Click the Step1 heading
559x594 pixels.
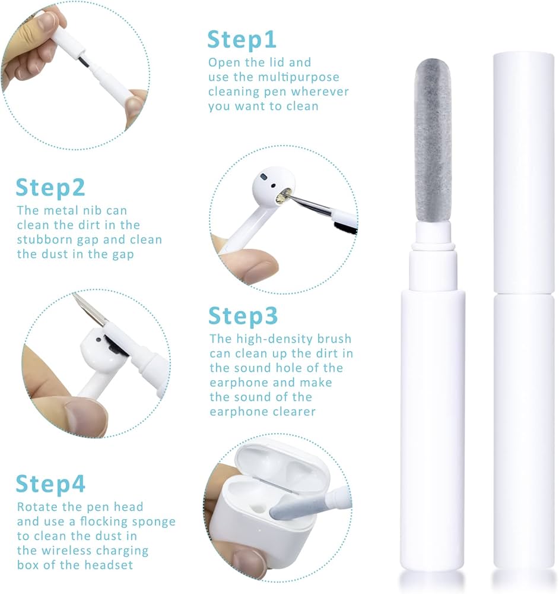(x=242, y=39)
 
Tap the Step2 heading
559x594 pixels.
(x=50, y=187)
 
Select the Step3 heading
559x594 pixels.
(x=243, y=317)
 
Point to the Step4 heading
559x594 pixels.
(x=50, y=484)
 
